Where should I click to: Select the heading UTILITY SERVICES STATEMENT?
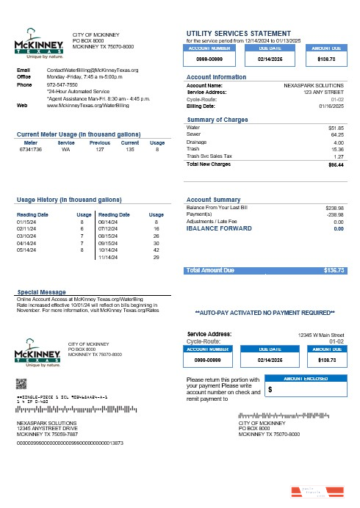pos(240,33)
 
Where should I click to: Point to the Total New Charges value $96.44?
pos(336,164)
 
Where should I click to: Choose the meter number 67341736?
pos(30,149)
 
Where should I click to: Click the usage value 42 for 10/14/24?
pos(156,250)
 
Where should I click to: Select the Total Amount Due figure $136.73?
pos(334,270)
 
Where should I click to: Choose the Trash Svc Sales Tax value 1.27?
pos(339,156)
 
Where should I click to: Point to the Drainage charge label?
pos(198,142)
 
